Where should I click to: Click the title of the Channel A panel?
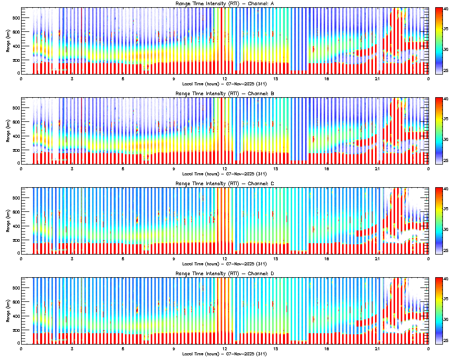(x=224, y=4)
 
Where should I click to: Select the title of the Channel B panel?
(x=224, y=94)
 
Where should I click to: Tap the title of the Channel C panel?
(x=224, y=184)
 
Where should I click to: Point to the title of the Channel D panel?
(x=224, y=274)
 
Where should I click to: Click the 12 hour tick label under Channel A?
(x=225, y=79)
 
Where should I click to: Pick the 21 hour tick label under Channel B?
(x=378, y=169)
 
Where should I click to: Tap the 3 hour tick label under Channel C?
(x=72, y=259)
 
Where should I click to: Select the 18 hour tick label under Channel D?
(x=327, y=349)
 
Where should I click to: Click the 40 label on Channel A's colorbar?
(x=446, y=9)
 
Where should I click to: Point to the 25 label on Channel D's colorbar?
(x=446, y=340)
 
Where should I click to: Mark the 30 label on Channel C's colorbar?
(x=446, y=229)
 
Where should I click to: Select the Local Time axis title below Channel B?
(x=224, y=173)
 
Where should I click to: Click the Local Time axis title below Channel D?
(x=224, y=353)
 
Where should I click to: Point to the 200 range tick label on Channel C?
(x=14, y=240)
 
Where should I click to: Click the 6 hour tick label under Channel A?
(x=123, y=79)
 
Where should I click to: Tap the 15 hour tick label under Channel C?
(x=276, y=259)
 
